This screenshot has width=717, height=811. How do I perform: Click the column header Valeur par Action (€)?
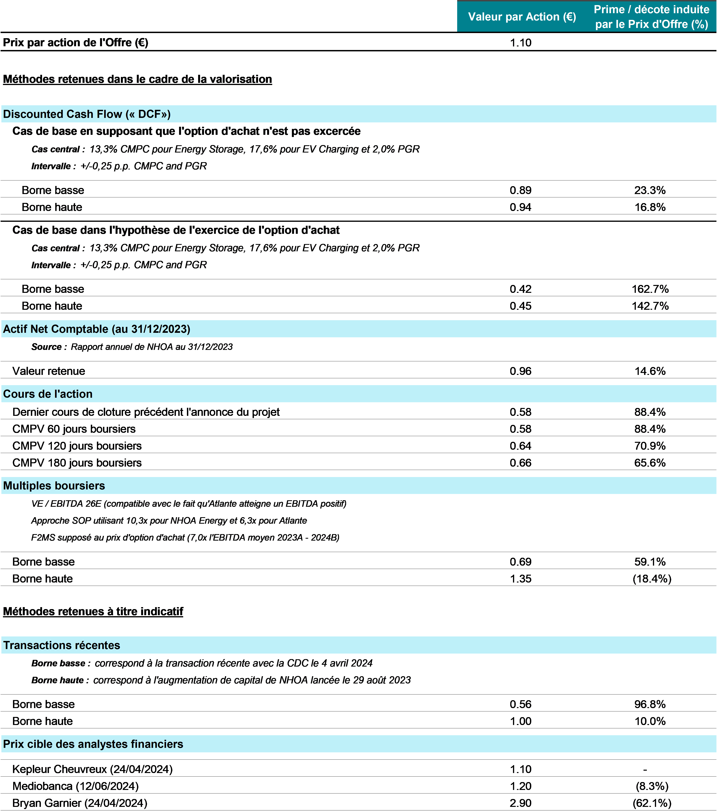522,17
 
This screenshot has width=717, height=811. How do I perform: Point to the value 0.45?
520,306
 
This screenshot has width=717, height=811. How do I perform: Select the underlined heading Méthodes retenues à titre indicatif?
93,611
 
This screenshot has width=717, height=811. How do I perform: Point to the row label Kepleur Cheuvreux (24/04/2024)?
92,769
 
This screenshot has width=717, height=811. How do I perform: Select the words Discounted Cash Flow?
63,114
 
